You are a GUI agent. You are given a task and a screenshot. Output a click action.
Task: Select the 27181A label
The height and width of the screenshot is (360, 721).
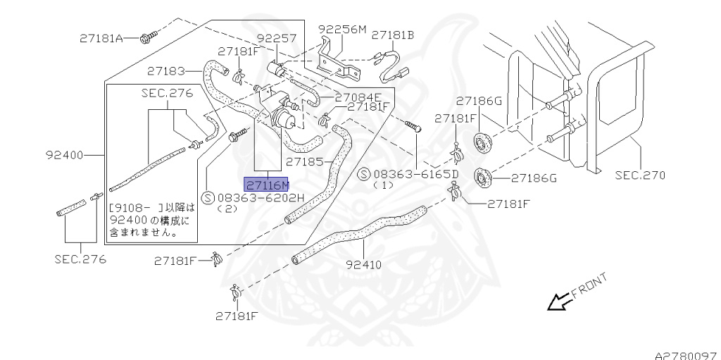point(101,38)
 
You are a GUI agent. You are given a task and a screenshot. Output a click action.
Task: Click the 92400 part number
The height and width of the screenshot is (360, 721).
point(65,155)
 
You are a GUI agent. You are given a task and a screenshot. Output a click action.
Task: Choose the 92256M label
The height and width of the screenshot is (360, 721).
point(343,30)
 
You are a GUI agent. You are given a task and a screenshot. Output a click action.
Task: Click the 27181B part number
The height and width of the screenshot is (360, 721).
point(393,35)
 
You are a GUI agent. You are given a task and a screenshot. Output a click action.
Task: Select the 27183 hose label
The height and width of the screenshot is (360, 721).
point(166,71)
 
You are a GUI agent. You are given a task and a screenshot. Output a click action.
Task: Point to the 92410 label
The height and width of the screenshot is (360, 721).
point(364,265)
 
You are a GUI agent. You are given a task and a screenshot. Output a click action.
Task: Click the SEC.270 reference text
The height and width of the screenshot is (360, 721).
point(640,175)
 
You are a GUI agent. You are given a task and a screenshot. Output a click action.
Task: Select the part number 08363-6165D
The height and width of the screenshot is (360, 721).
point(416,174)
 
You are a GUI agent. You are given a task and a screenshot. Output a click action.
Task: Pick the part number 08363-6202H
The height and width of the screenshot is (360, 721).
point(261,197)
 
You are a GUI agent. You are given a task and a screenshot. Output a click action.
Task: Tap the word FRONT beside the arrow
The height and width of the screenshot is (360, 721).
point(590,285)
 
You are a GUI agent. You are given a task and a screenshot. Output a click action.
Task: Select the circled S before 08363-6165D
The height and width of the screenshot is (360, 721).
point(364,174)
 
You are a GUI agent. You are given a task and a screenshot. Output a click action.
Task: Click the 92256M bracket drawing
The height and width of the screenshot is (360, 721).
point(341,60)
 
